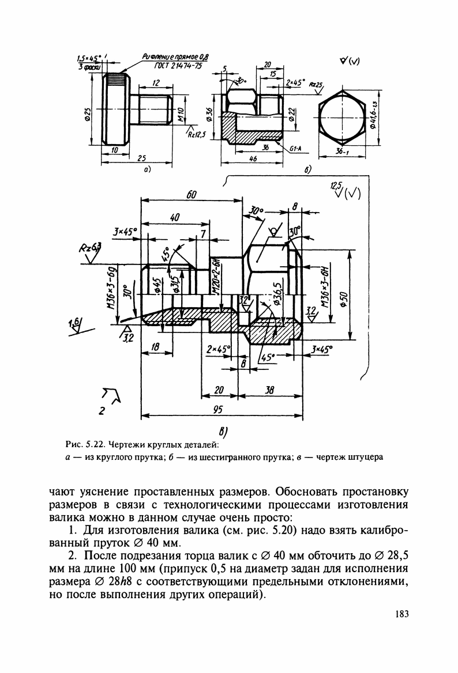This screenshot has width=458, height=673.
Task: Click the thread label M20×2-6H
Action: (214, 278)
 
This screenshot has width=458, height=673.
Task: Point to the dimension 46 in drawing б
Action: (253, 158)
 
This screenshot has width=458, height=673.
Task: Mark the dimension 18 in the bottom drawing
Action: (155, 346)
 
